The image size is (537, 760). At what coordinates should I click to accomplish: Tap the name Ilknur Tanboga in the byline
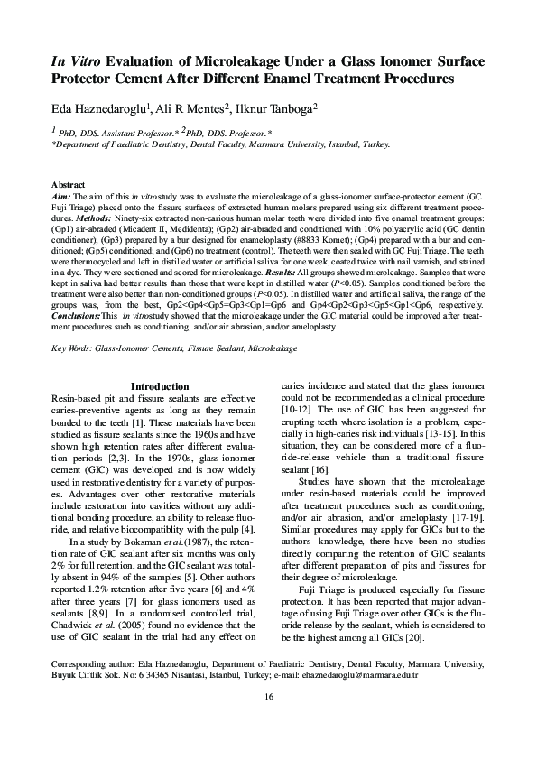click(x=274, y=109)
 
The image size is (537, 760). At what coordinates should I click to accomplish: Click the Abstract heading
click(x=69, y=184)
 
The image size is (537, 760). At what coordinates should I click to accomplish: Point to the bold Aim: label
click(x=60, y=195)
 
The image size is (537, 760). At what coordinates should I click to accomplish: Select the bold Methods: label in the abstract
click(x=91, y=218)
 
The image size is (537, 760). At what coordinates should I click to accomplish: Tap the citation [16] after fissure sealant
click(x=320, y=471)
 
